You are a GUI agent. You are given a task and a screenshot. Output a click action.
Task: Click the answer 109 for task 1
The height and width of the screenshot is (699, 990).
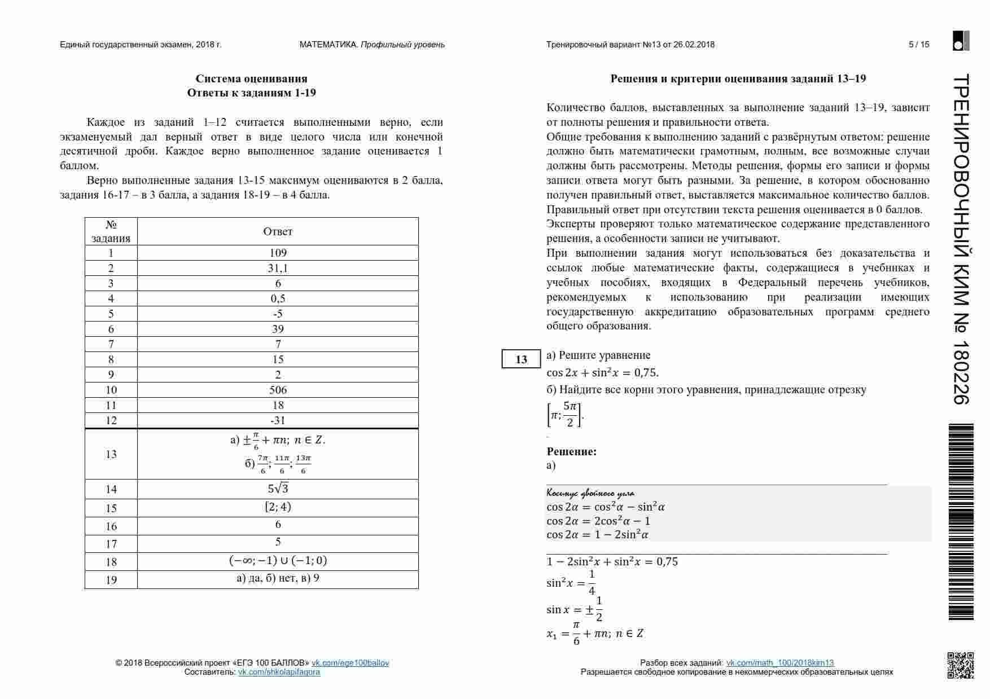[x=278, y=253]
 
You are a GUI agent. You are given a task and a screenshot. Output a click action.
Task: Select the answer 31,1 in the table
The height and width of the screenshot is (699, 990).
[x=278, y=268]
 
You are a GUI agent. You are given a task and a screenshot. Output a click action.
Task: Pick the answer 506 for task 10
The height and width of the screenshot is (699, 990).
[x=278, y=390]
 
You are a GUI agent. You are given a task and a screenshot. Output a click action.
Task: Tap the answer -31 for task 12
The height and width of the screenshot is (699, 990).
[x=278, y=420]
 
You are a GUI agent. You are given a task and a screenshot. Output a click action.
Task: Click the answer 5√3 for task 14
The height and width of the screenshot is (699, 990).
[x=278, y=489]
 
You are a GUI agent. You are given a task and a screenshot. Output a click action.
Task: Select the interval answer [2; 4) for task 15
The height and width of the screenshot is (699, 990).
[x=278, y=507]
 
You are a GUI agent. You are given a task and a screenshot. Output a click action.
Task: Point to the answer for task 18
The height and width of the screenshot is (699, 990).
[x=278, y=561]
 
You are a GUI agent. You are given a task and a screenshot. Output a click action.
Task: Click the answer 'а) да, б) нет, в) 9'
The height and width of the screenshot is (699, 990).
[x=278, y=578]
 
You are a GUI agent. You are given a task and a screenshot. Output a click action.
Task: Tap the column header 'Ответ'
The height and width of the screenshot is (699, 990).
[x=278, y=231]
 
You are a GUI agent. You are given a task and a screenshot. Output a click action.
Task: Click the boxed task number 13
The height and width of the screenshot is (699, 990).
[x=521, y=359]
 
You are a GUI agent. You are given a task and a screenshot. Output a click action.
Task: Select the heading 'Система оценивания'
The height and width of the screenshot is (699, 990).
[x=251, y=78]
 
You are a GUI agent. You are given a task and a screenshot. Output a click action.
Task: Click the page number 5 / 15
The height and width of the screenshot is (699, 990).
[x=919, y=45]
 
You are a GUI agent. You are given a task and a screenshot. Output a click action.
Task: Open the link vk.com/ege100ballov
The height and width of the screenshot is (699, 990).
[x=350, y=663]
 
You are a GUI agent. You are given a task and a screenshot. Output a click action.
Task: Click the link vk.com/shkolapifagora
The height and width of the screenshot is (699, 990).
[x=279, y=672]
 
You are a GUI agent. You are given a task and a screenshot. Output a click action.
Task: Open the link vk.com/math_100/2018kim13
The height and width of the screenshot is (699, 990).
[x=779, y=663]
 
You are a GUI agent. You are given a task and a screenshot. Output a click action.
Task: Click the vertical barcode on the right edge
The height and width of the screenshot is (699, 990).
[x=961, y=522]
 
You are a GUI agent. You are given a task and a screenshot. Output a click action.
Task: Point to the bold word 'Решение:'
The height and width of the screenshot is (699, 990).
[x=571, y=451]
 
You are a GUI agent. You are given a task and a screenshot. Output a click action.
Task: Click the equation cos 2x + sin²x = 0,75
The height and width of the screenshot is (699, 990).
[x=602, y=372]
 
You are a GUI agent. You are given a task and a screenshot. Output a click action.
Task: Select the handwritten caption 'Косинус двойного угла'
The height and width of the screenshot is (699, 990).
[x=590, y=494]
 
